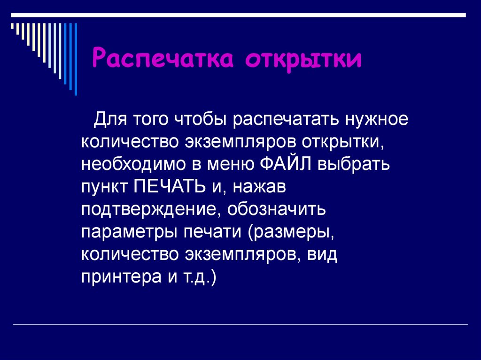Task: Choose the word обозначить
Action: pos(276,210)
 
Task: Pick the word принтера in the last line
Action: pos(119,278)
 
